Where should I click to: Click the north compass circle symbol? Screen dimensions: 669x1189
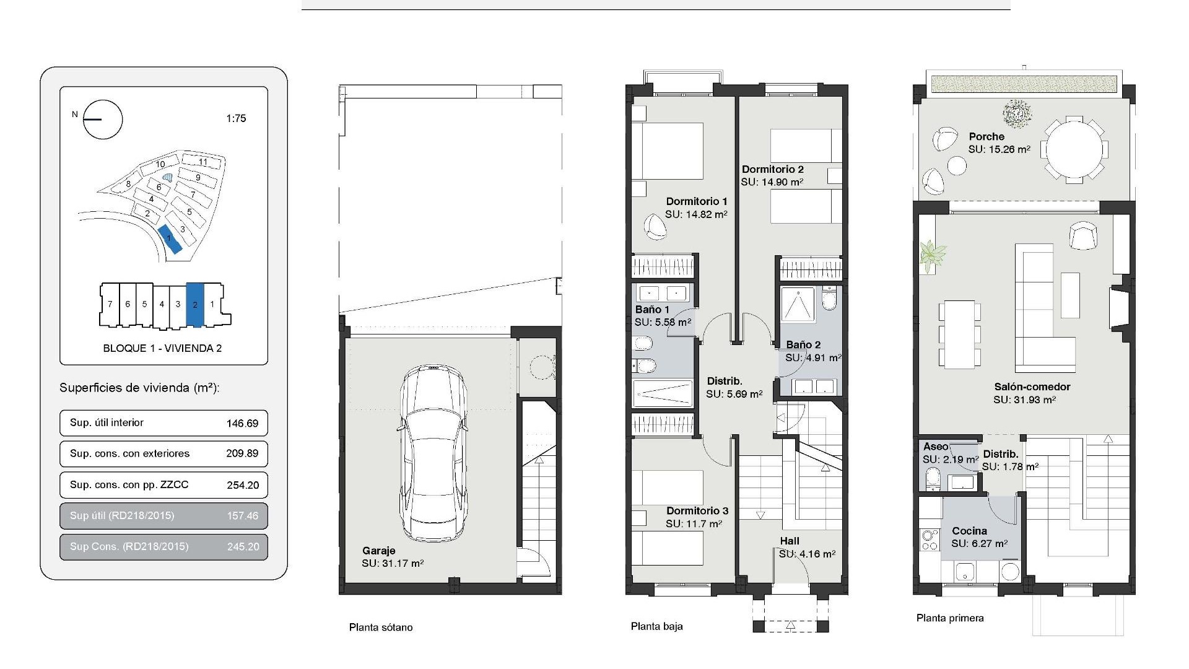[x=103, y=119]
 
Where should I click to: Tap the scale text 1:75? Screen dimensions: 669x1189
[x=236, y=118]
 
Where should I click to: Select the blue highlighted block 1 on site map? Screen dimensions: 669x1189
[x=170, y=240]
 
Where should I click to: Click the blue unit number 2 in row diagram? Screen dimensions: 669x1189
[x=195, y=305]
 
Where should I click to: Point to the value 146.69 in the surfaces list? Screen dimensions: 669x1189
[x=242, y=424]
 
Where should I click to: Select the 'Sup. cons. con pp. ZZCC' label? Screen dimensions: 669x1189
[x=129, y=485]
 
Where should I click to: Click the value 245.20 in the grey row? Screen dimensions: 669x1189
[x=242, y=547]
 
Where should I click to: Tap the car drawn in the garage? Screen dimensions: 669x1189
[x=432, y=452]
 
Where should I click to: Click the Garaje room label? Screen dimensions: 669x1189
[x=378, y=551]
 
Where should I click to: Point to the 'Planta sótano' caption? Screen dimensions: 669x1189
[x=380, y=627]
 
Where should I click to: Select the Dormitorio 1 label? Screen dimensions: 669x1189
[x=697, y=201]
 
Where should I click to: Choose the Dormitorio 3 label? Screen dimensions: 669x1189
[x=697, y=511]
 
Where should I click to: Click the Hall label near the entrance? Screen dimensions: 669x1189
[x=790, y=541]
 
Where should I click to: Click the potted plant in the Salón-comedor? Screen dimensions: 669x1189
[x=931, y=255]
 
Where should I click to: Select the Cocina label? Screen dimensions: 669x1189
[x=969, y=531]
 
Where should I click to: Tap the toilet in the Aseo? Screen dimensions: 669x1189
[x=932, y=479]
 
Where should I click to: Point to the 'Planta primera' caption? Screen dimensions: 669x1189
[x=950, y=618]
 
